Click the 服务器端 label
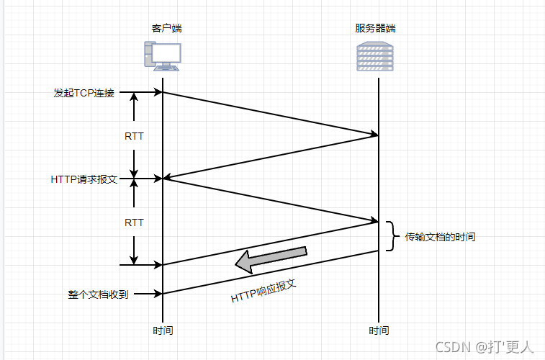pyautogui.click(x=375, y=29)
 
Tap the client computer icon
pyautogui.click(x=162, y=55)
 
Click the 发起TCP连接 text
pyautogui.click(x=84, y=93)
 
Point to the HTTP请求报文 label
pyautogui.click(x=84, y=179)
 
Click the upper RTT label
pyautogui.click(x=134, y=135)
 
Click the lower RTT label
pyautogui.click(x=134, y=222)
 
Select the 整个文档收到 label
pyautogui.click(x=98, y=294)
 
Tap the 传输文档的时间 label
pyautogui.click(x=440, y=237)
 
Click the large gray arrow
pyautogui.click(x=272, y=259)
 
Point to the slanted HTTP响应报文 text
pyautogui.click(x=264, y=290)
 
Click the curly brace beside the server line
pyautogui.click(x=391, y=236)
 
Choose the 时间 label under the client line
pyautogui.click(x=163, y=331)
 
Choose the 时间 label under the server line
pyautogui.click(x=379, y=331)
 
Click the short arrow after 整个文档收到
pyautogui.click(x=149, y=294)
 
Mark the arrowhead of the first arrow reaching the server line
pyautogui.click(x=374, y=134)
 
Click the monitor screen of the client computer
pyautogui.click(x=167, y=53)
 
